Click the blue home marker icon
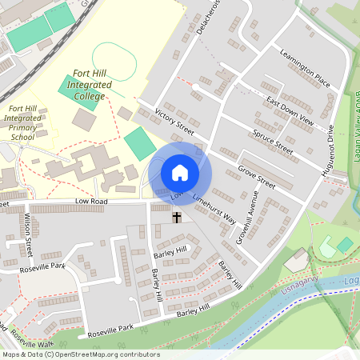(x=180, y=172)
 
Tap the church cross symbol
(x=176, y=217)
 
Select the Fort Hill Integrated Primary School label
(x=22, y=122)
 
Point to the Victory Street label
(x=175, y=122)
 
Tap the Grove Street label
(x=256, y=178)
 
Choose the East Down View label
(x=290, y=112)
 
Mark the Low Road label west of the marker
(x=91, y=202)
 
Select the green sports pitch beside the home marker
(x=140, y=143)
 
